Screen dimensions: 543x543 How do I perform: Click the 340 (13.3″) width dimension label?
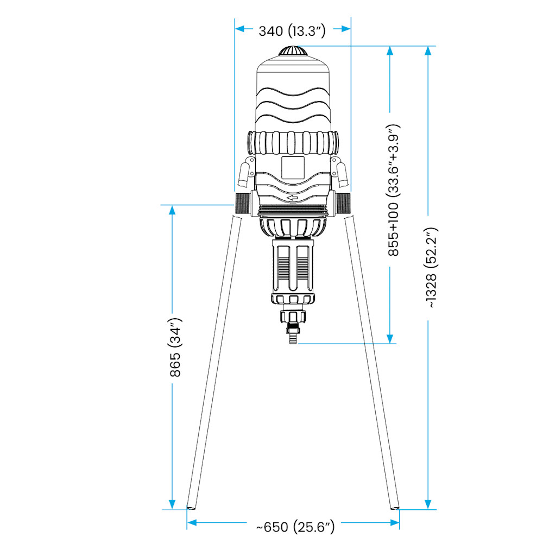[292, 31]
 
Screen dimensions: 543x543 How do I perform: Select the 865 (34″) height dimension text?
[175, 347]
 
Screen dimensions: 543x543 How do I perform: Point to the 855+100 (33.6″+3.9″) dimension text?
[393, 190]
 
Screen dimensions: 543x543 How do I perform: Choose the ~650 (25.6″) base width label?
[295, 527]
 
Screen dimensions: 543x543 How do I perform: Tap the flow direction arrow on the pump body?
[292, 198]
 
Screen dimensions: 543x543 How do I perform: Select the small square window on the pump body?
[293, 168]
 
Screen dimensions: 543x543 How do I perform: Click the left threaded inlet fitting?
[242, 203]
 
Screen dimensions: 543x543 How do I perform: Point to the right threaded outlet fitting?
[343, 203]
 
